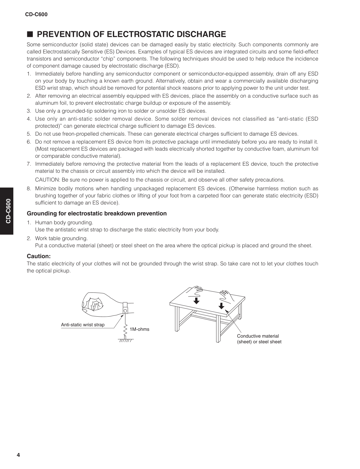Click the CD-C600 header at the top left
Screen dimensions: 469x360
(x=36, y=14)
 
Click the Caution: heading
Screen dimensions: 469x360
(x=39, y=256)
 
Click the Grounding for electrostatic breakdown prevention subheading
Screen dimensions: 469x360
(x=96, y=213)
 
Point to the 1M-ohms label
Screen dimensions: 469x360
(x=139, y=329)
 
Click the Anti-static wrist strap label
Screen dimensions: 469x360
(x=83, y=325)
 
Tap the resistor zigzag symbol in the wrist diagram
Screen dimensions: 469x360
(x=125, y=330)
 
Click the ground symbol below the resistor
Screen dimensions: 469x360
(x=125, y=340)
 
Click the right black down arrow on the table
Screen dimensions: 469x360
(x=221, y=306)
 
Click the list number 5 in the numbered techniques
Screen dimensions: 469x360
(x=29, y=134)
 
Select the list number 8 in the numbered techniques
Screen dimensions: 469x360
(x=29, y=189)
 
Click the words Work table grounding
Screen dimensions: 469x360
(x=61, y=238)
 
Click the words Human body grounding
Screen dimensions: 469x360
(x=64, y=222)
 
